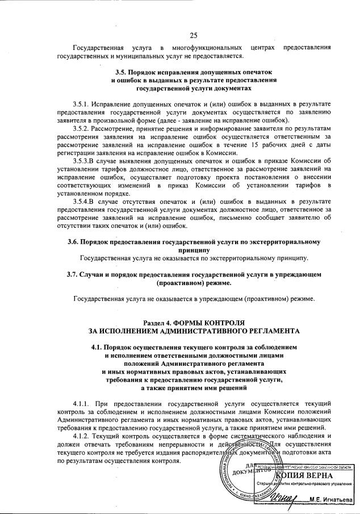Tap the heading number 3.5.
(122, 73)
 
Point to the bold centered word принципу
(194, 249)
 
